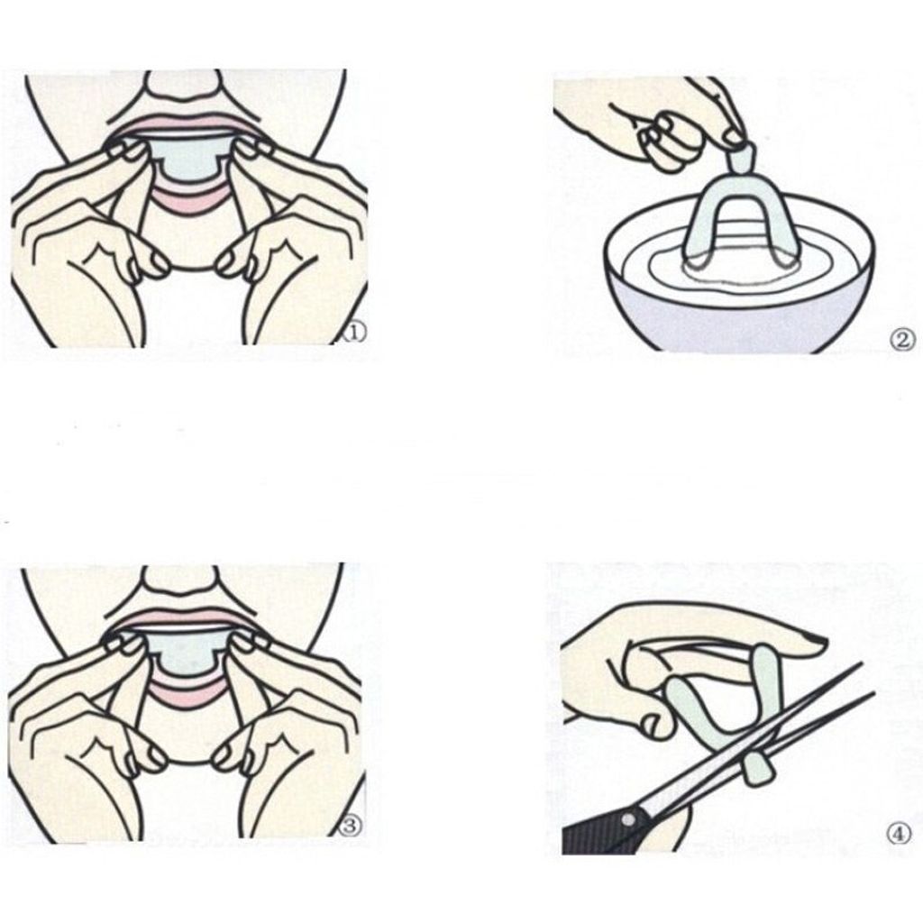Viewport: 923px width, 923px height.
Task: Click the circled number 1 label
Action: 353,333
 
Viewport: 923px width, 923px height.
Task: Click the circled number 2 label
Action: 901,340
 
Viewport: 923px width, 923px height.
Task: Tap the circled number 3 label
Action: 350,826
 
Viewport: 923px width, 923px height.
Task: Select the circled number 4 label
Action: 898,834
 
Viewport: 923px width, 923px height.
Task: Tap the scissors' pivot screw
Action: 628,818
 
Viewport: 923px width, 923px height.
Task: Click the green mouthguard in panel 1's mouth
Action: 187,158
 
